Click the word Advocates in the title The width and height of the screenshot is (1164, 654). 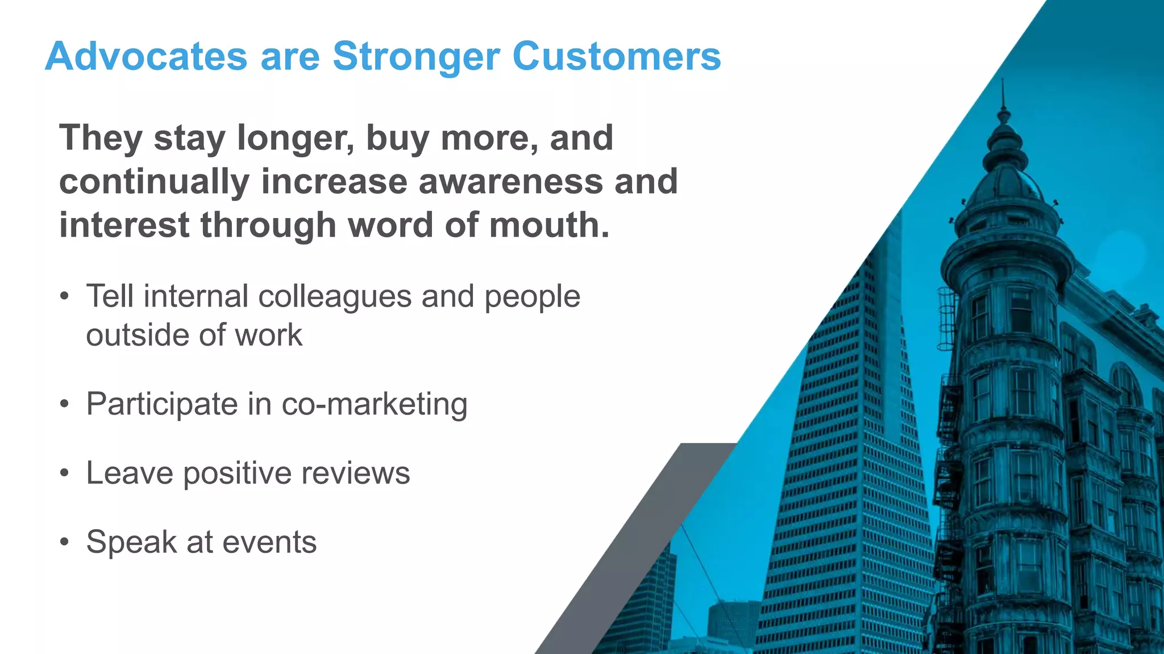tap(146, 57)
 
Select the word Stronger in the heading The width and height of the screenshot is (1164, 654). tap(416, 57)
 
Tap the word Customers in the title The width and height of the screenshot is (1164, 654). tap(617, 57)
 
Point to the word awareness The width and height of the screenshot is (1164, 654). tap(510, 182)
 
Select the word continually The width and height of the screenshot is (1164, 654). tap(154, 182)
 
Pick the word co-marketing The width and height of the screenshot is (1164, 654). tap(375, 404)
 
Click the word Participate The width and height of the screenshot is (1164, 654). tap(162, 404)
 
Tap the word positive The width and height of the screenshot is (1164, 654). tap(237, 473)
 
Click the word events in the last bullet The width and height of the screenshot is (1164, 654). tap(269, 542)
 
